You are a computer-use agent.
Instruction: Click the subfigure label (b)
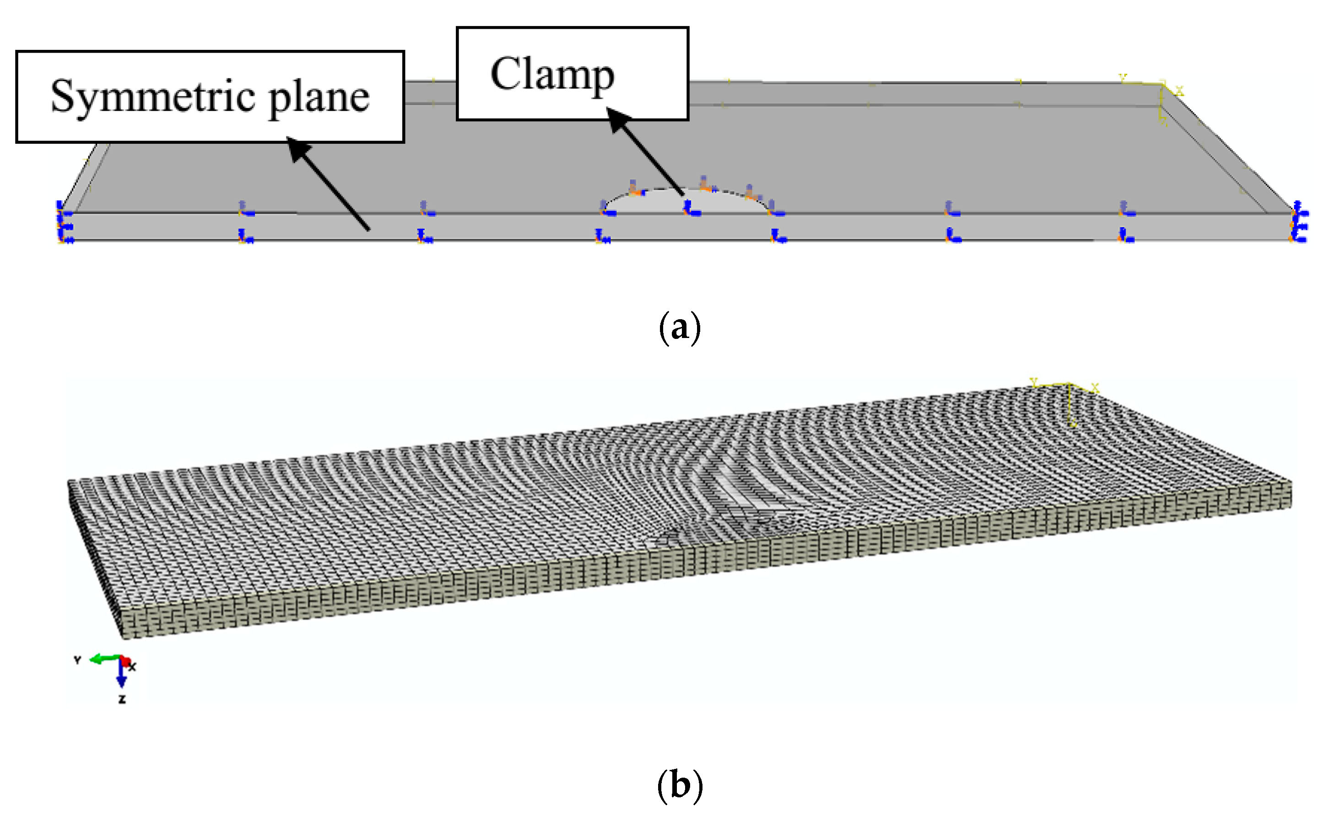point(680,785)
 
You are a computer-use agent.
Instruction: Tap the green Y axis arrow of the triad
point(103,659)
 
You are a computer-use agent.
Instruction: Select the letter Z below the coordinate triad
point(122,699)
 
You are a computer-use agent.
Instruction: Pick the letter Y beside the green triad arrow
point(77,659)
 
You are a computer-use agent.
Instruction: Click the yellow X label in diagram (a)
point(1179,91)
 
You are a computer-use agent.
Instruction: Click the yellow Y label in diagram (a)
point(1122,78)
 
